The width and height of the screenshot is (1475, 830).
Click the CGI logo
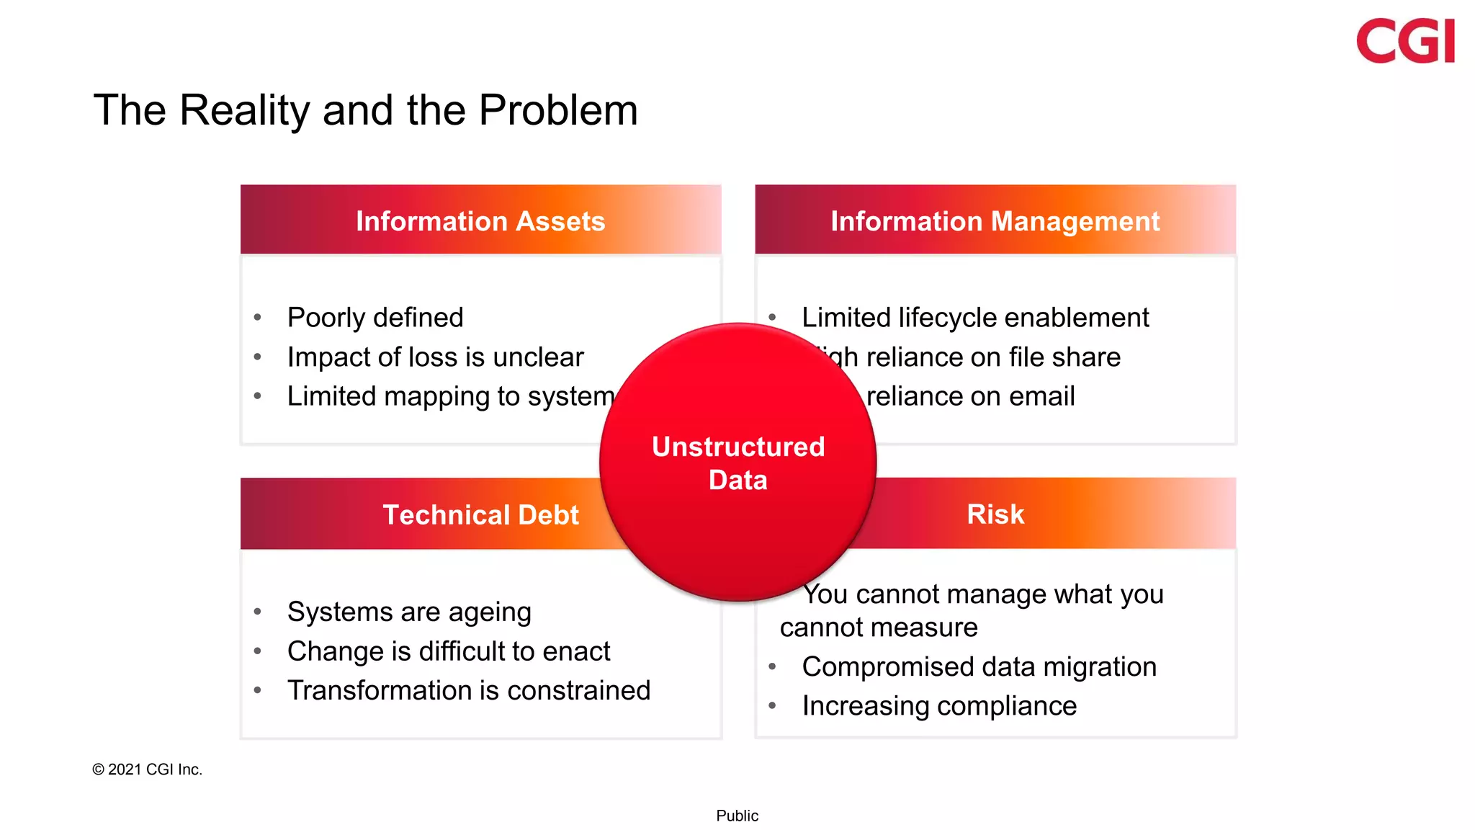point(1404,41)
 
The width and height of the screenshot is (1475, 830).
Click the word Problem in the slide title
point(558,110)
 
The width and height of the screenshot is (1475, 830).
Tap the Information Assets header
point(480,221)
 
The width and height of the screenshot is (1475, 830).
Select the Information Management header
point(995,221)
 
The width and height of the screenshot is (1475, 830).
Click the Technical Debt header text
point(480,514)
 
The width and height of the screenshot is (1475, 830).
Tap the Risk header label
point(995,514)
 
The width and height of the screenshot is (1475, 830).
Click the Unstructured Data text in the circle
point(737,463)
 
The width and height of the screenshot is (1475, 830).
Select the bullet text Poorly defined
point(375,318)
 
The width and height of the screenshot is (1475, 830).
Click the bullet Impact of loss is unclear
point(435,357)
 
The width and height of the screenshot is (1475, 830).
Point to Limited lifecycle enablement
point(975,318)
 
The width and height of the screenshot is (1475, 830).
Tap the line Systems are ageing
point(408,612)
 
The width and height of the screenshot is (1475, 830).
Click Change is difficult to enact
point(448,651)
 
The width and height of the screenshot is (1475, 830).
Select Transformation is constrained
point(468,690)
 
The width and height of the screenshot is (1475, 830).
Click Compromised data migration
point(979,667)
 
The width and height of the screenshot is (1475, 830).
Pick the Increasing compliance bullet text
point(939,706)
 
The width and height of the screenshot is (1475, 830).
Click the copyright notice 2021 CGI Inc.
point(148,769)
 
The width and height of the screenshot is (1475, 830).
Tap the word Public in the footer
point(737,816)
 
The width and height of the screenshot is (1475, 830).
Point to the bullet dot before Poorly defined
point(258,318)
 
